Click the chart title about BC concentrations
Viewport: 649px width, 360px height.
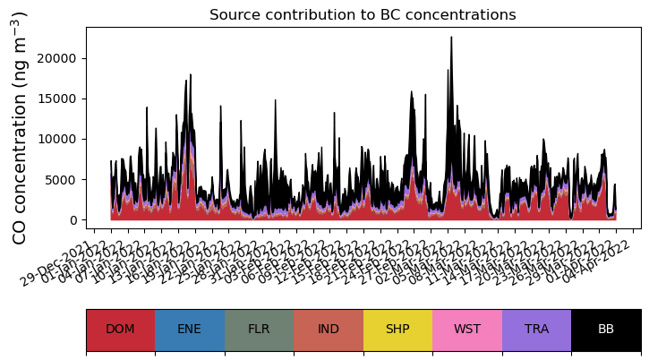tap(363, 15)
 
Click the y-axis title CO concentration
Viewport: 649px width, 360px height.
tap(20, 127)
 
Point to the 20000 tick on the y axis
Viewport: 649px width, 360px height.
tap(64, 58)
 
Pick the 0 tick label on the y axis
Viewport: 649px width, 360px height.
tap(76, 220)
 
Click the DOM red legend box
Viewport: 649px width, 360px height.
tap(120, 330)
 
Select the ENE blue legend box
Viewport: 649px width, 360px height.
tap(190, 330)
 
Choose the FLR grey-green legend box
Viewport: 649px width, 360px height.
tap(259, 330)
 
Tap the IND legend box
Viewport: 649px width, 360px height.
tap(329, 330)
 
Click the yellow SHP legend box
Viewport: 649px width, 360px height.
tap(397, 330)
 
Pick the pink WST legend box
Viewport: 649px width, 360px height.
tap(467, 330)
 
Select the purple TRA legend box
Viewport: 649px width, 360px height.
tap(536, 330)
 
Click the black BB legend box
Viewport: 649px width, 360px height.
tap(606, 330)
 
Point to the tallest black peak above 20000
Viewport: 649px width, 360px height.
tap(451, 40)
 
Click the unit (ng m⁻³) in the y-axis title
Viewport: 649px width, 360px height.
tap(20, 48)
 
